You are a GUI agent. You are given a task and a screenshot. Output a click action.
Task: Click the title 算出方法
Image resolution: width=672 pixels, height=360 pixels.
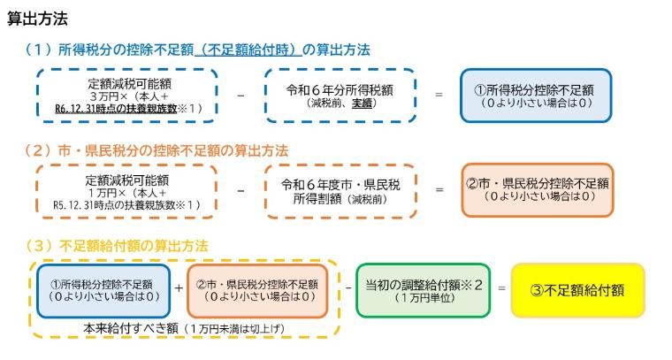point(38,19)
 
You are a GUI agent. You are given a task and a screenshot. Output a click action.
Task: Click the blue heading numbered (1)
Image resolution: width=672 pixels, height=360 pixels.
point(197,50)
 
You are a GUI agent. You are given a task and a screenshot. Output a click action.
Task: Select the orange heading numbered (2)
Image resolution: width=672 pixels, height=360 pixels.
point(157,151)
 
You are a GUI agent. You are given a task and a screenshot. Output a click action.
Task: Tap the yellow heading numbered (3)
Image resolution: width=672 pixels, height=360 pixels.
point(117,246)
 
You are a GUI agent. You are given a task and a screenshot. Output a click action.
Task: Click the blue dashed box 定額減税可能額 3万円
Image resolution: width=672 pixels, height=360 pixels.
point(127,96)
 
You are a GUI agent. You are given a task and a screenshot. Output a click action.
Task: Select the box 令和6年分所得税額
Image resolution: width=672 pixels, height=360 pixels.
point(340,96)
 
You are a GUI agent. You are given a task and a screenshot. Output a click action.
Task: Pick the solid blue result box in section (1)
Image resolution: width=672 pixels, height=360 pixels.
point(536,96)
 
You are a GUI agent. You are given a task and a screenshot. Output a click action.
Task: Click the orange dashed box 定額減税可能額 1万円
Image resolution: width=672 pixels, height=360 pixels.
point(126,192)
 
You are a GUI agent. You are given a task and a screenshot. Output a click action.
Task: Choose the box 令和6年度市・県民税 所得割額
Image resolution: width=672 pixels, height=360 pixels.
point(340,192)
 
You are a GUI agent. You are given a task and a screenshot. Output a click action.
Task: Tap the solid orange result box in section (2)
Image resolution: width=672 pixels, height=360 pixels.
point(538,190)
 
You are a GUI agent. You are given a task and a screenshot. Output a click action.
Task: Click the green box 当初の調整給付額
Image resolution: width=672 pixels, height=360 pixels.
point(423,291)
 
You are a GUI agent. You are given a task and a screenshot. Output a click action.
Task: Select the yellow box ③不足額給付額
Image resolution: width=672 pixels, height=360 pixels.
point(577,291)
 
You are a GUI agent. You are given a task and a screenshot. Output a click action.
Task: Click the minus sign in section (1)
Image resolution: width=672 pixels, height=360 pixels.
point(241,96)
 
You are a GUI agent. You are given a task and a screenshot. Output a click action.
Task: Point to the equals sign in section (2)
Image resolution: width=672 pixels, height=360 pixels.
point(439,189)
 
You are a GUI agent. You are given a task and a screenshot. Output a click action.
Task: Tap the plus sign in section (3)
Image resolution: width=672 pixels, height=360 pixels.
point(179,288)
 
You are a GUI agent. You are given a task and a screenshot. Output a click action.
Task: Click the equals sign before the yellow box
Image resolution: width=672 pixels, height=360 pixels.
point(501,288)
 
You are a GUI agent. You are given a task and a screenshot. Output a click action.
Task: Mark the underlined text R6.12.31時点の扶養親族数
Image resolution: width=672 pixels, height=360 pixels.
point(116,109)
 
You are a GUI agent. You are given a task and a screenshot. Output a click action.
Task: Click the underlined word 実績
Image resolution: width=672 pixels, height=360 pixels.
point(363,103)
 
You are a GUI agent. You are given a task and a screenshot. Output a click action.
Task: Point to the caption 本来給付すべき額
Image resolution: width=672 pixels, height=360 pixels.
point(131,328)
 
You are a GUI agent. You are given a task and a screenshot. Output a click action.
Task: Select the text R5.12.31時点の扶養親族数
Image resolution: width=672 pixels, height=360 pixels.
point(114,205)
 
